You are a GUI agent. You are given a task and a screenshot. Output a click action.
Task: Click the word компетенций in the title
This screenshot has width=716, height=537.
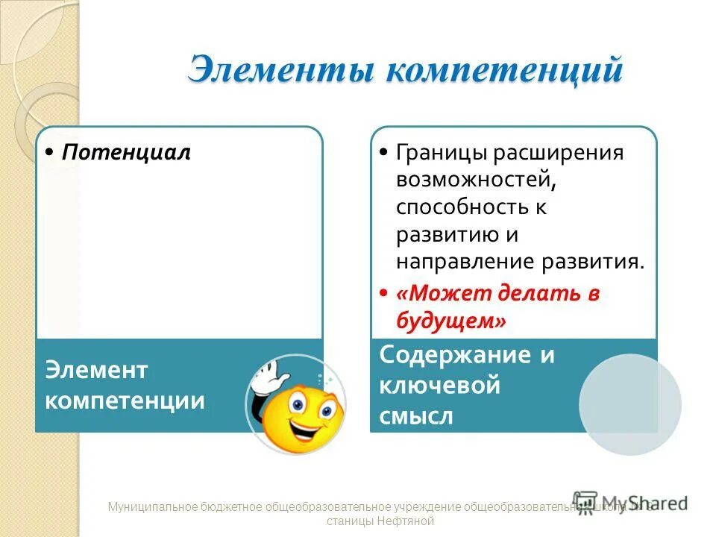503,71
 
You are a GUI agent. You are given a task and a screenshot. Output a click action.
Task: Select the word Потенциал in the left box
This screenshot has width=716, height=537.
126,153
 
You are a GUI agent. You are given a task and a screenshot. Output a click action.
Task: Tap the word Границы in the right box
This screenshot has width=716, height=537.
439,153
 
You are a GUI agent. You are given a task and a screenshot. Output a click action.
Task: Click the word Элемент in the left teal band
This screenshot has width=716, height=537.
97,369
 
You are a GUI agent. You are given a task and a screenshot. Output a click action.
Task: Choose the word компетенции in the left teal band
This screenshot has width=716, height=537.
125,401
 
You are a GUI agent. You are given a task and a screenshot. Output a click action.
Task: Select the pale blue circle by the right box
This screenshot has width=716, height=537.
630,403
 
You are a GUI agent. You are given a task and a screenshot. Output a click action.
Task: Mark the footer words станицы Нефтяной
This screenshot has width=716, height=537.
380,521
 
